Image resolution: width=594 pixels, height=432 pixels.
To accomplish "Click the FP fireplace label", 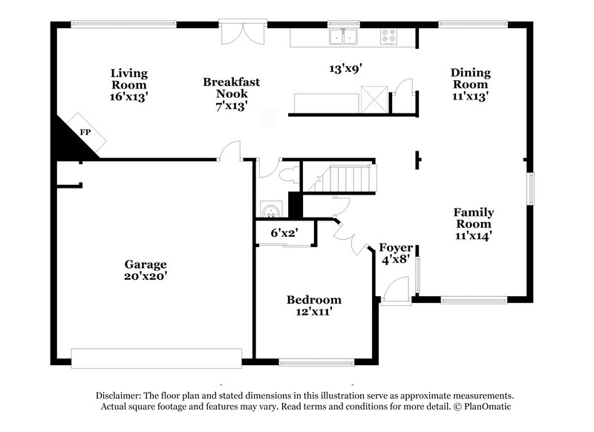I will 85,132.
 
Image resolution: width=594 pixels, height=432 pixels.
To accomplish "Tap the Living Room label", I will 129,84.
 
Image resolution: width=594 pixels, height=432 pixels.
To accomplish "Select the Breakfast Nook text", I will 231,94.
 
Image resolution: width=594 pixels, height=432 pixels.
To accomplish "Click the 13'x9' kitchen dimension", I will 345,69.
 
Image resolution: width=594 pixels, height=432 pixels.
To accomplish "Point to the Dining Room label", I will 471,84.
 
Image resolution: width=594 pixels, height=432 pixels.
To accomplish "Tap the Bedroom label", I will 314,306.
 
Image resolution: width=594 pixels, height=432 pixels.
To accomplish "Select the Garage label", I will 146,269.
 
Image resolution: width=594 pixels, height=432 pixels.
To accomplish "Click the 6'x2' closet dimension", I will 284,233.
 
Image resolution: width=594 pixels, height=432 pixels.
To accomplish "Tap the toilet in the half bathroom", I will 290,175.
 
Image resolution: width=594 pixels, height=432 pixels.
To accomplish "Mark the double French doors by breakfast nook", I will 244,33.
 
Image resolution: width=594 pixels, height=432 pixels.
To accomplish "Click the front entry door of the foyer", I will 396,290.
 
